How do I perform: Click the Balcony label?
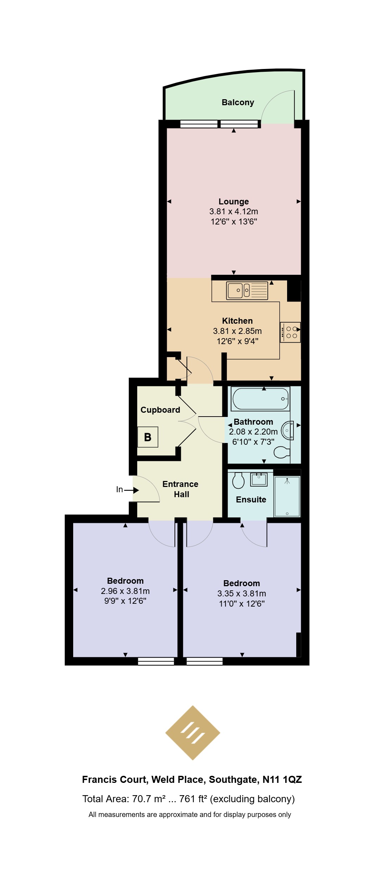[237, 102]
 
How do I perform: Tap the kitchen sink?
[247, 291]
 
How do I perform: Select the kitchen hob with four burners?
[290, 332]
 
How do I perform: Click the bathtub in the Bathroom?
[260, 399]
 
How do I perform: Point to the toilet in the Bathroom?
[282, 452]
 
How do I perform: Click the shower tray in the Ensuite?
[287, 496]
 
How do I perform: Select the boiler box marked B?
[148, 437]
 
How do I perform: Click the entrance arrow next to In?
[131, 490]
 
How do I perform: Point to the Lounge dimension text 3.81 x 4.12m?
[234, 211]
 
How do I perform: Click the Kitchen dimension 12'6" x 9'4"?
[237, 341]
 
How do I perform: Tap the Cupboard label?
[160, 410]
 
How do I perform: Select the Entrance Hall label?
[180, 489]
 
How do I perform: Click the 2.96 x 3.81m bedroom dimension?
[125, 591]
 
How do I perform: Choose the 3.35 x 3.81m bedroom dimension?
[242, 594]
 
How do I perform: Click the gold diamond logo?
[193, 733]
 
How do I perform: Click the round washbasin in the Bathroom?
[288, 430]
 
